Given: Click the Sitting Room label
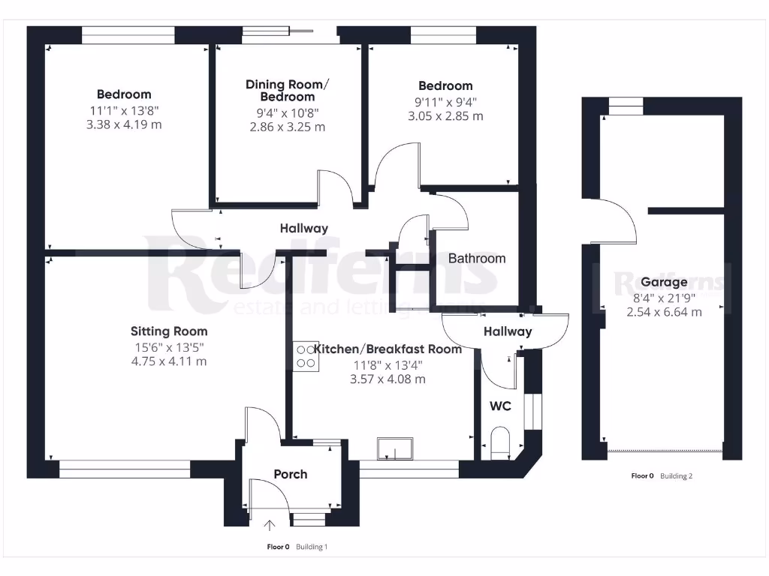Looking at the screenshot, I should tap(169, 331).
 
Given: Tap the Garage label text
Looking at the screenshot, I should tap(664, 282).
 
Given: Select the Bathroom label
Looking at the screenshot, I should tap(477, 258).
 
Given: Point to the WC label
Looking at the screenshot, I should tap(500, 406).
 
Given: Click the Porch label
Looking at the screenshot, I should tap(290, 474).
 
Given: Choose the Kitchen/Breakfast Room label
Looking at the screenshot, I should tap(388, 349).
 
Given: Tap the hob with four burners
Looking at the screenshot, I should tap(306, 355).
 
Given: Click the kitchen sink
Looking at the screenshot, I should tap(395, 448).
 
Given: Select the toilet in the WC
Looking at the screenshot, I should tap(499, 442).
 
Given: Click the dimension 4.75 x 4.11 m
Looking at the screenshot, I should tap(169, 361).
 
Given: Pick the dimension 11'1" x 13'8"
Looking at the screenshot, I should tap(124, 109).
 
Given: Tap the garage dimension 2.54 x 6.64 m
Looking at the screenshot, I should tap(664, 311).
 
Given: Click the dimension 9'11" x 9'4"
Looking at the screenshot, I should tap(445, 101).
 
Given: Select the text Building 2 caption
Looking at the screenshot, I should tap(676, 475).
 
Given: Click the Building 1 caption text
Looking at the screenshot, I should tap(311, 547).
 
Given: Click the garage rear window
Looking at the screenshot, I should tap(626, 106).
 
